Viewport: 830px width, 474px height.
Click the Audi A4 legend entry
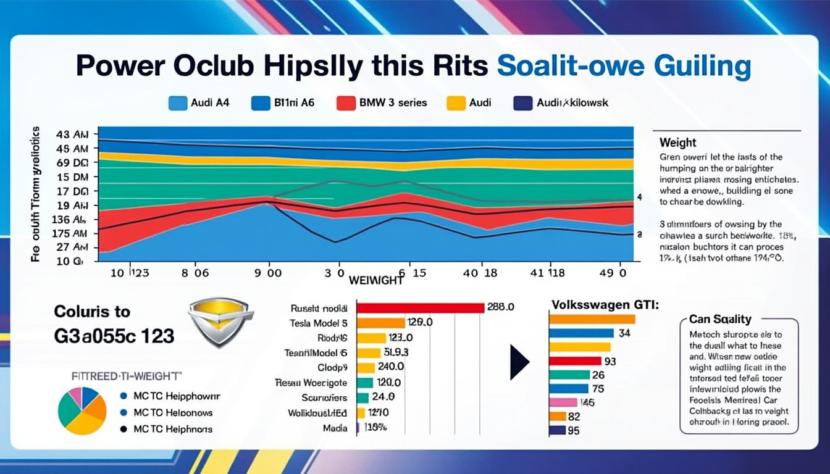tap(199, 102)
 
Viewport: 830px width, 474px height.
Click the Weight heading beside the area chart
tap(678, 143)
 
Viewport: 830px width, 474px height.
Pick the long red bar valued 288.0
tap(420, 307)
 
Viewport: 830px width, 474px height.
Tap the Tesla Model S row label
tap(318, 323)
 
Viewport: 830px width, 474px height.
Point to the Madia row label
tap(335, 428)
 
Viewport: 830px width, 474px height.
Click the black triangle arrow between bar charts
tap(519, 362)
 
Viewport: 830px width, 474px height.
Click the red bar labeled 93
tap(575, 360)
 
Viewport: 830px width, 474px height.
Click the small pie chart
tap(82, 410)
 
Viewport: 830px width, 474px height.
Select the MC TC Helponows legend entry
tap(167, 412)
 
